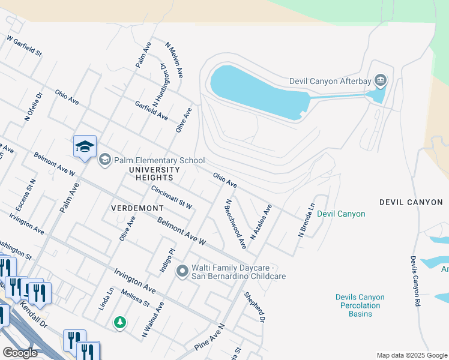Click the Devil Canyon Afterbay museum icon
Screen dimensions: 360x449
380,80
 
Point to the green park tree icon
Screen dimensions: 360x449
121,323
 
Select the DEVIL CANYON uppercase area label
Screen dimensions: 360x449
411,202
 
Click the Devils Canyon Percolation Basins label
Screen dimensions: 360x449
360,305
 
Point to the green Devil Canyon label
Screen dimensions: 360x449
341,214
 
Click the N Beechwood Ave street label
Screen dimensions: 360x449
235,225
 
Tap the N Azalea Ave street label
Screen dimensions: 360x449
261,221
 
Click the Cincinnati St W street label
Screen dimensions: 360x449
172,197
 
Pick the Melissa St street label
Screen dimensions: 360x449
134,298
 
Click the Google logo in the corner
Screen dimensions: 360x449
20,353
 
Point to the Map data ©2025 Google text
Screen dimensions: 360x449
411,355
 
